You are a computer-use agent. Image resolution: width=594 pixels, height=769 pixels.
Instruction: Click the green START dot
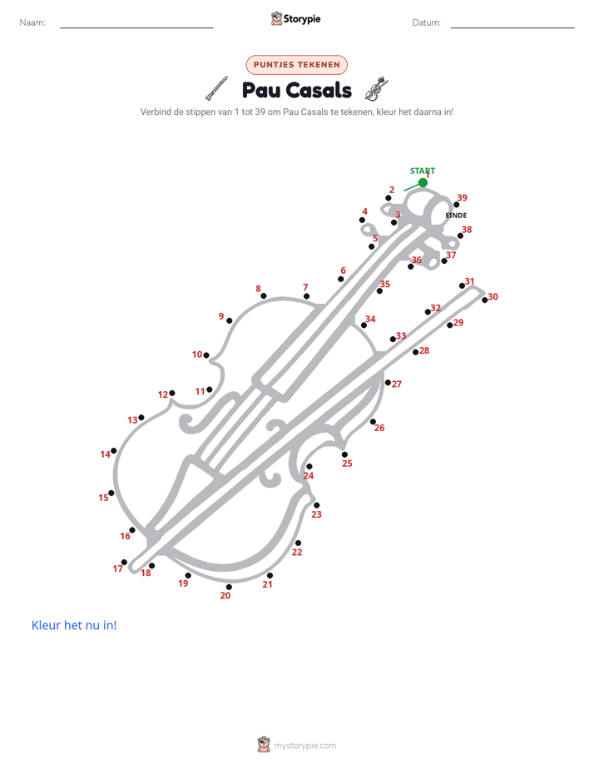coord(423,182)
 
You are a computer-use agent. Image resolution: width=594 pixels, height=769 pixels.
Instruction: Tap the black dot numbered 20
coord(229,587)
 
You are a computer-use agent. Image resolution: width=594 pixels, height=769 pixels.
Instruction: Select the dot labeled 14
coord(114,450)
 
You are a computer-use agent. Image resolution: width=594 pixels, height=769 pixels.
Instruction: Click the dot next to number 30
coord(485,300)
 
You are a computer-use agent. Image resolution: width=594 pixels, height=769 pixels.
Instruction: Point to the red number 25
coord(347,464)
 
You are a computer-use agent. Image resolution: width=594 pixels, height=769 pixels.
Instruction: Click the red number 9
coord(221,316)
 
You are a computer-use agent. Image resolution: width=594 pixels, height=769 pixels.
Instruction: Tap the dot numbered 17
coord(124,562)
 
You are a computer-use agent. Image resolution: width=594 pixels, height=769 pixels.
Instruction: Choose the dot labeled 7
coord(306,295)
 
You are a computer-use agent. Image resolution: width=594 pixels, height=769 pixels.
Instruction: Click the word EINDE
coord(456,216)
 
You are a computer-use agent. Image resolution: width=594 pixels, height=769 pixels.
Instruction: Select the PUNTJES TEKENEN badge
coord(296,65)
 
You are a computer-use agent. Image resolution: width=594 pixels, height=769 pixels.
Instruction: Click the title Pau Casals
coord(296,90)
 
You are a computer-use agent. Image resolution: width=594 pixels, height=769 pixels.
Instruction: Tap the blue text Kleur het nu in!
coord(74,625)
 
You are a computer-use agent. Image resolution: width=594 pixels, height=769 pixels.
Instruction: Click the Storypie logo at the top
coord(295,18)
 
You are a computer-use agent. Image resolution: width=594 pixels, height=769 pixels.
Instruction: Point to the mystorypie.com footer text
coord(304,746)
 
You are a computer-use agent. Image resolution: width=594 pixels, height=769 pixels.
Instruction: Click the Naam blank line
coord(136,27)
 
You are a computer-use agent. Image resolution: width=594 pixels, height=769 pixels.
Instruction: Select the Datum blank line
coord(512,27)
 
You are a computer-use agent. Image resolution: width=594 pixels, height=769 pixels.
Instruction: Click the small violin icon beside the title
coord(376,89)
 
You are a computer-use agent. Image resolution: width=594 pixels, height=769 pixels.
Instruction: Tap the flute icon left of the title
coord(216,88)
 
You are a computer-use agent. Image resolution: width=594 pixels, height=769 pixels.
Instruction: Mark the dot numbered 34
coord(364,325)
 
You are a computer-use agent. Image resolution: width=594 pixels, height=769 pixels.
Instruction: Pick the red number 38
coord(467,230)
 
